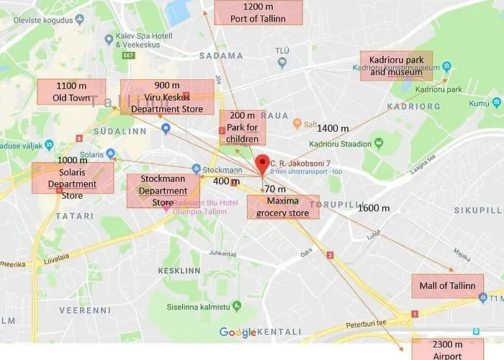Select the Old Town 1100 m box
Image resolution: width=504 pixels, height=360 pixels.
(x=71, y=91)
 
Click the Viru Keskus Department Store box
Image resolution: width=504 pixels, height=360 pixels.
(x=167, y=97)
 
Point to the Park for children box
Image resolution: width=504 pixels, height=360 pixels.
(x=242, y=127)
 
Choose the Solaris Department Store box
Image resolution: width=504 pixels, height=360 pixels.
(x=72, y=178)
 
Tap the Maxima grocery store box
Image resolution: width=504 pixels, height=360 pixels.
(x=282, y=207)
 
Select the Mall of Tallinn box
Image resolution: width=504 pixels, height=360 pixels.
(x=447, y=286)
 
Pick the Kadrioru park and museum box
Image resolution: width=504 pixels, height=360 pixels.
(x=396, y=66)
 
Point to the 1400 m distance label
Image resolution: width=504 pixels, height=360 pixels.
(x=333, y=129)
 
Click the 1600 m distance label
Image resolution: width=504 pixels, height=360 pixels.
(x=374, y=208)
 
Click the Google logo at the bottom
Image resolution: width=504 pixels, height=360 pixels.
(x=238, y=332)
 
